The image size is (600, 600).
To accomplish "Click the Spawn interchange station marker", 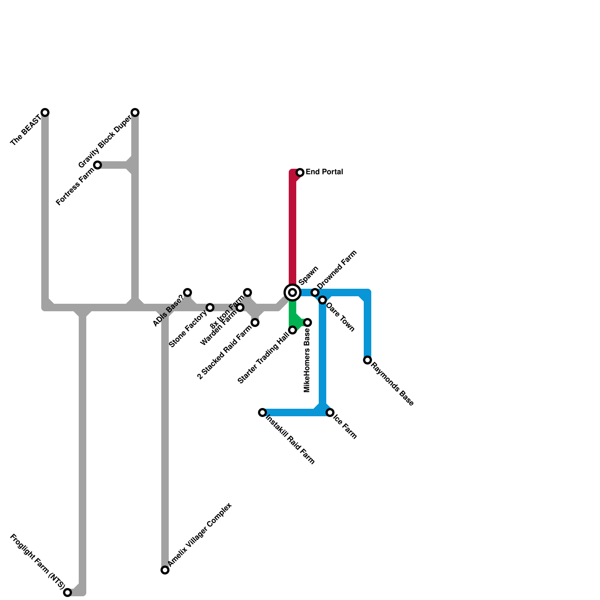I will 292,292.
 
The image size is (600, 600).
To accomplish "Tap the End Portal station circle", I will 300,172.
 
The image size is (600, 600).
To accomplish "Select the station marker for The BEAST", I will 45,112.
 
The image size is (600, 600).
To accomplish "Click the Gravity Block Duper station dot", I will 135,112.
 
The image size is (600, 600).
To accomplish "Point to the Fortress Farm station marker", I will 97,165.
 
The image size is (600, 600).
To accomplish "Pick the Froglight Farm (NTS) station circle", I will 67,592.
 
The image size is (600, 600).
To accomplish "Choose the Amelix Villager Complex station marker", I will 165,570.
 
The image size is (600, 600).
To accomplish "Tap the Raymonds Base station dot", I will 367,360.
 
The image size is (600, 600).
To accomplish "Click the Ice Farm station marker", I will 330,412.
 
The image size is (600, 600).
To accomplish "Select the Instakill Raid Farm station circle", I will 262,412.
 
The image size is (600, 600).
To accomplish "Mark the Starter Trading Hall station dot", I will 292,330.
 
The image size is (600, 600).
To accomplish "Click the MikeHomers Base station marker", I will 307,322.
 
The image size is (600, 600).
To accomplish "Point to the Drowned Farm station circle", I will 315,292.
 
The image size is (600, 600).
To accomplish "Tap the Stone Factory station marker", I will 210,307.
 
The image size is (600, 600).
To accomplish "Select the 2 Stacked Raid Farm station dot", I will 255,322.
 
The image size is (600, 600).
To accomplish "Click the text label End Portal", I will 324,172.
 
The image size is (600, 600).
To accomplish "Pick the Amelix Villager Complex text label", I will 199,535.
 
